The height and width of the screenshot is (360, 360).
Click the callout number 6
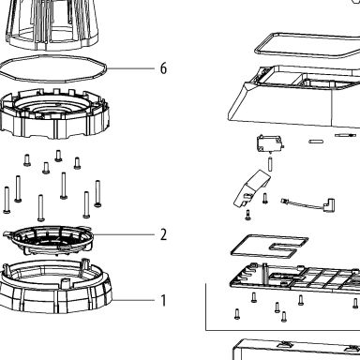tap(163, 68)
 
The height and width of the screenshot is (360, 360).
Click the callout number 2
tap(163, 234)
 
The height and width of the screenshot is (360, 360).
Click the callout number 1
tap(163, 300)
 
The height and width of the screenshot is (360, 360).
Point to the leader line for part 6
tap(130, 68)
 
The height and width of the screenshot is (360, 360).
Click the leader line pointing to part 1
tap(133, 300)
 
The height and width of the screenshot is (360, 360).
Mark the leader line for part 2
tap(124, 234)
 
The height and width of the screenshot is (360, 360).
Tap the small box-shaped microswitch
tap(270, 143)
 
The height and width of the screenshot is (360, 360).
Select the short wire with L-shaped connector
tap(308, 204)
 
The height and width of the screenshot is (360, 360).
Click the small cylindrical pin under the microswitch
tap(270, 164)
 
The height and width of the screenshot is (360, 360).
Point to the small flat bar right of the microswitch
tap(316, 142)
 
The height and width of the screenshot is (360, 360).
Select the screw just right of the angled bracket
tap(265, 199)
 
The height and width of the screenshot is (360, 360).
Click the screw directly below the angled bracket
tap(248, 215)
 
